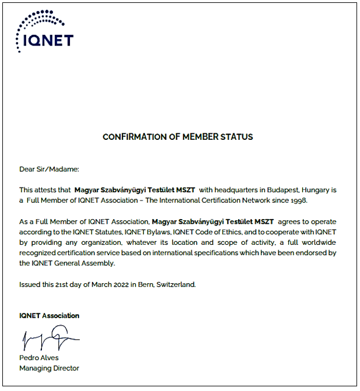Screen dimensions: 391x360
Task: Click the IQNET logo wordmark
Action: click(50, 40)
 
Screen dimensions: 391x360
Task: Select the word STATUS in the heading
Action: click(237, 138)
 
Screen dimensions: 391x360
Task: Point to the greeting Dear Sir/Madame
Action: click(49, 169)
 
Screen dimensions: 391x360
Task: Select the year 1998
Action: click(296, 200)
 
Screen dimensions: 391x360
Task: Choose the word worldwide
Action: click(312, 242)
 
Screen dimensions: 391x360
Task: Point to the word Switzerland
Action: click(175, 284)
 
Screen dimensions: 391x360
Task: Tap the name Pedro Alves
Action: click(39, 358)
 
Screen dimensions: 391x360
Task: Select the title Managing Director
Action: click(49, 368)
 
